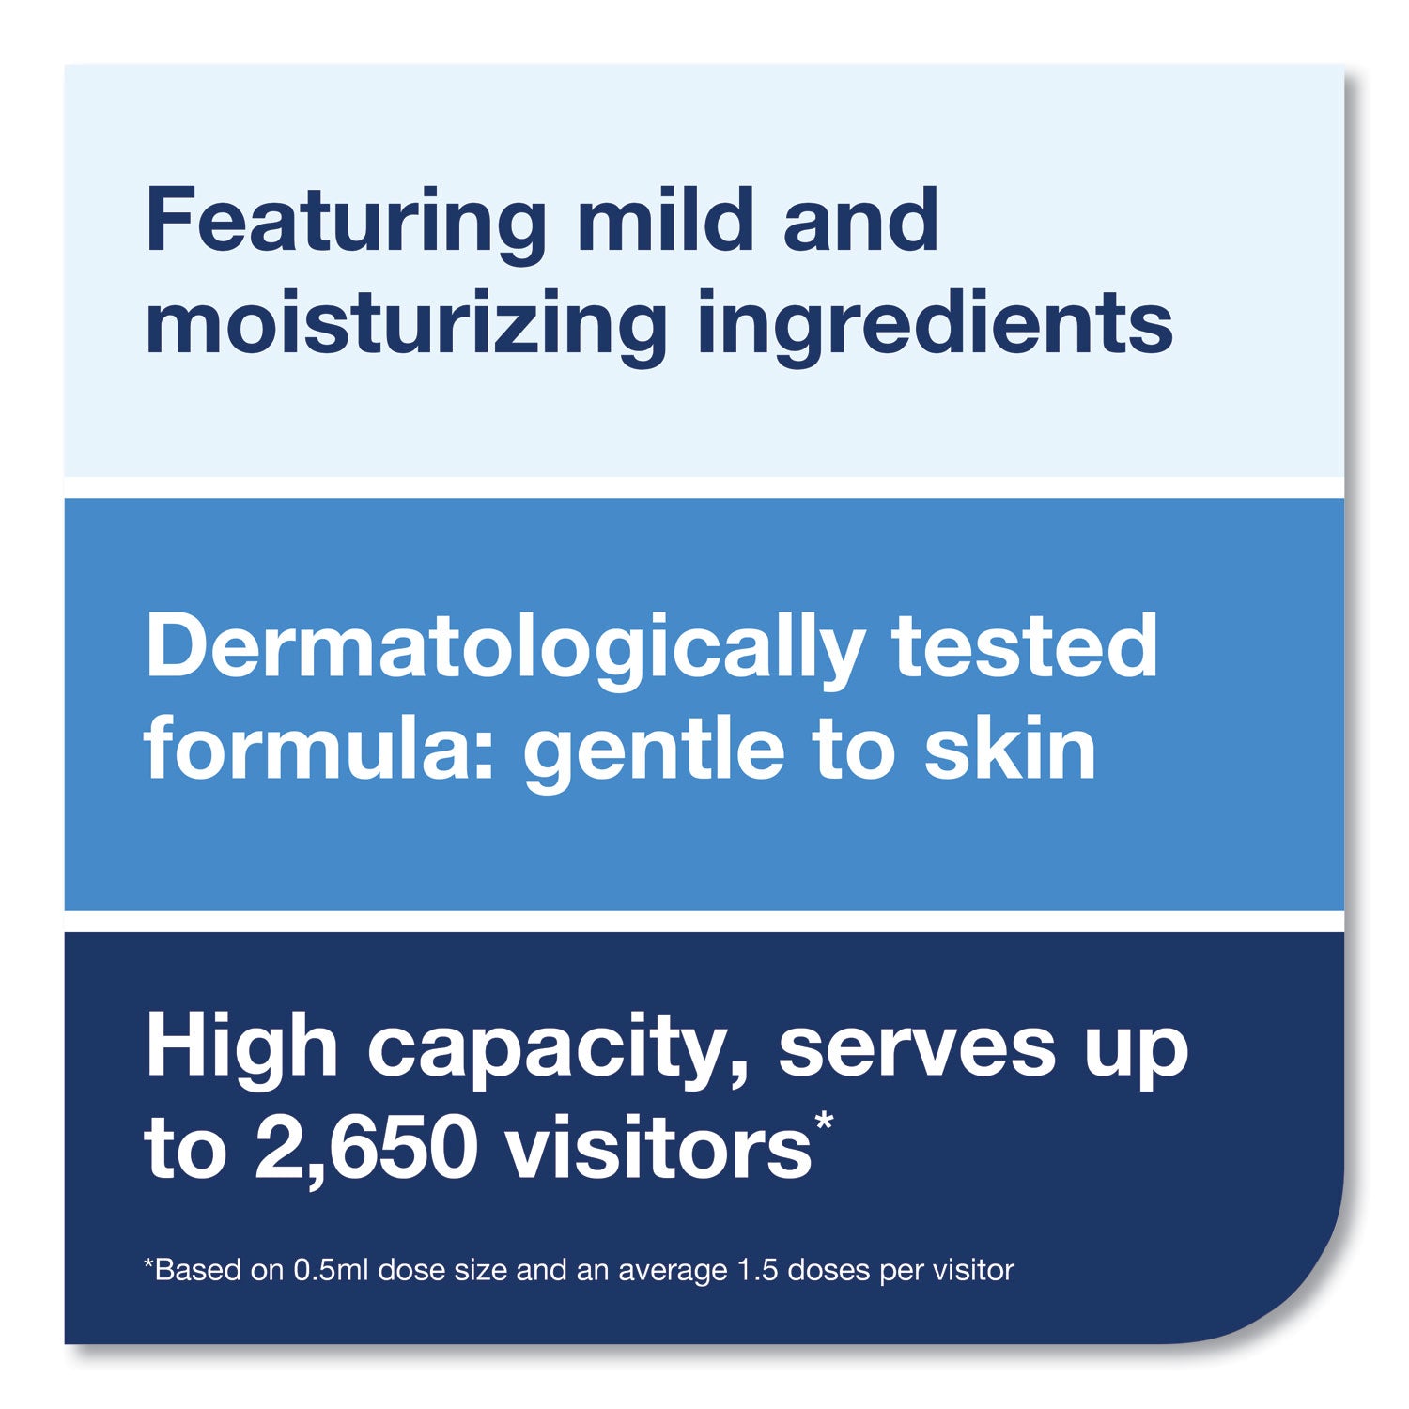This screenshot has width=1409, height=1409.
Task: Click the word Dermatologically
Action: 504,648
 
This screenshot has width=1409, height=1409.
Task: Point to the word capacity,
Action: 557,1050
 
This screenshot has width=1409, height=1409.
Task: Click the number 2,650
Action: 366,1151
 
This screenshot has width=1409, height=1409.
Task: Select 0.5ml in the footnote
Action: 325,1271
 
